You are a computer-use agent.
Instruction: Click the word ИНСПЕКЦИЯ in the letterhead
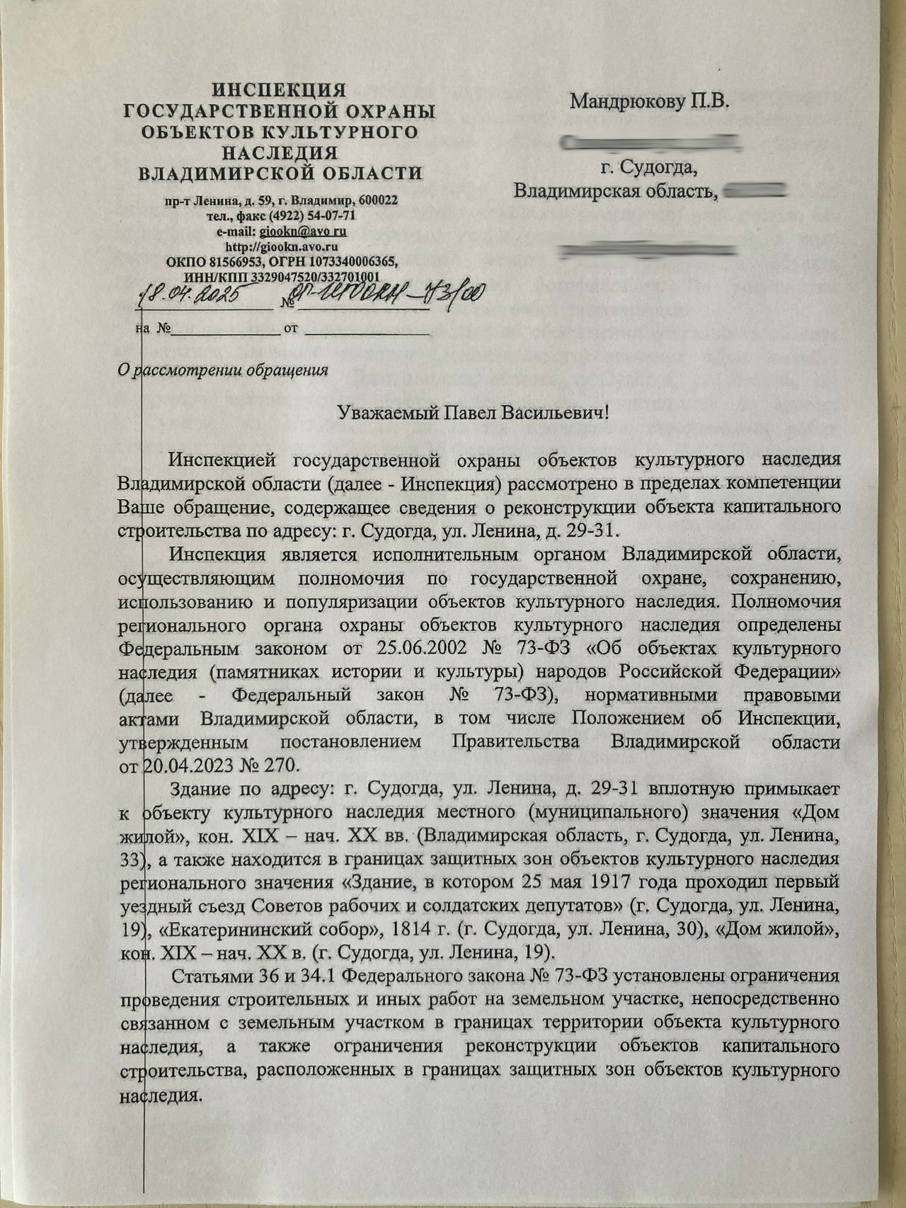click(280, 90)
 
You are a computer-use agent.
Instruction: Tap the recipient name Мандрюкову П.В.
click(649, 101)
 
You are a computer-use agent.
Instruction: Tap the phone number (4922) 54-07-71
click(315, 215)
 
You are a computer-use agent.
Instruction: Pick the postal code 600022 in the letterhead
click(378, 200)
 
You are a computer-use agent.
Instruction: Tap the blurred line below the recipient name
click(649, 142)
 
